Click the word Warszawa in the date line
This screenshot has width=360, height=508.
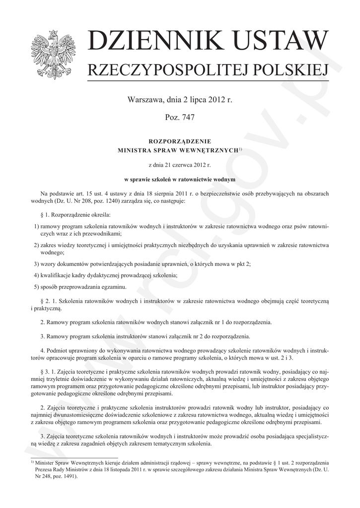[144, 100]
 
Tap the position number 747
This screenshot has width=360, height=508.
[187, 118]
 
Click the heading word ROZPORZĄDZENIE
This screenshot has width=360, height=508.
[180, 141]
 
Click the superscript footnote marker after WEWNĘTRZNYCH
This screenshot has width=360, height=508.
[240, 148]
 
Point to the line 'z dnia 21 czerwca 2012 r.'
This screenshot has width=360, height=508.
[180, 164]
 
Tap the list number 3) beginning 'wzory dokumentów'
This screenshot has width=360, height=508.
[36, 264]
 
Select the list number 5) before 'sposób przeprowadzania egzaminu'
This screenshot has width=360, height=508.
[36, 287]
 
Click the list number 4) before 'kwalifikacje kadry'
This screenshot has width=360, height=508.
[36, 275]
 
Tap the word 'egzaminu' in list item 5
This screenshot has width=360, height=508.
[115, 287]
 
